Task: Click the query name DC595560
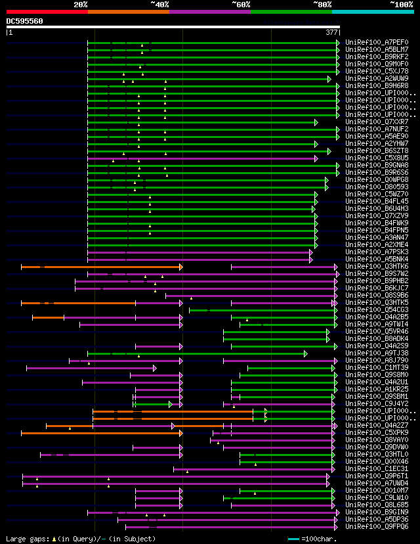pyautogui.click(x=24, y=21)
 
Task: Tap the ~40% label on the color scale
pyautogui.click(x=159, y=5)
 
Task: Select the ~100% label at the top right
pyautogui.click(x=401, y=5)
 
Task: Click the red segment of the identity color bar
pyautogui.click(x=47, y=11)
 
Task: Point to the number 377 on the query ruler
pyautogui.click(x=331, y=32)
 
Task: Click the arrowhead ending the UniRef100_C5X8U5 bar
pyautogui.click(x=316, y=158)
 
